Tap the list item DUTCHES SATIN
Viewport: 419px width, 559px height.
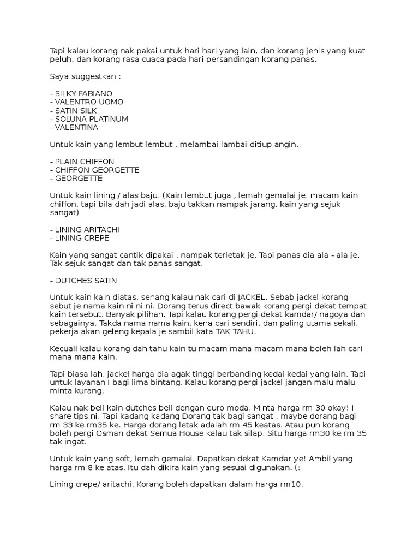pyautogui.click(x=82, y=281)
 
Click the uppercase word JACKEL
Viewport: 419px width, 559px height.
pyautogui.click(x=251, y=298)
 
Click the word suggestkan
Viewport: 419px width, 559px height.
pyautogui.click(x=93, y=76)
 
